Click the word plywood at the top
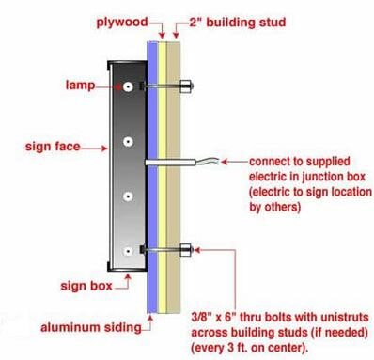pos(122,23)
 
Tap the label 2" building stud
pos(237,23)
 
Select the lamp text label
pos(80,85)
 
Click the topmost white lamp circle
pos(128,86)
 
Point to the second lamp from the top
pos(128,142)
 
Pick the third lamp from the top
pos(128,196)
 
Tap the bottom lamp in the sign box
pos(128,251)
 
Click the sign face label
pos(53,147)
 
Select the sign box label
pos(86,286)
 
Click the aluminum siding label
pos(91,327)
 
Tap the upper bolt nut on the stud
pos(186,86)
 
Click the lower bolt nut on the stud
pos(186,250)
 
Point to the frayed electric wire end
pos(207,161)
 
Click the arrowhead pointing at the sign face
pos(104,148)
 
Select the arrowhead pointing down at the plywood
pos(162,35)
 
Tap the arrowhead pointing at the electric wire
pos(224,162)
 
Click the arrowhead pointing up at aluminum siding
pos(150,319)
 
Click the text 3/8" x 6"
pos(214,317)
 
